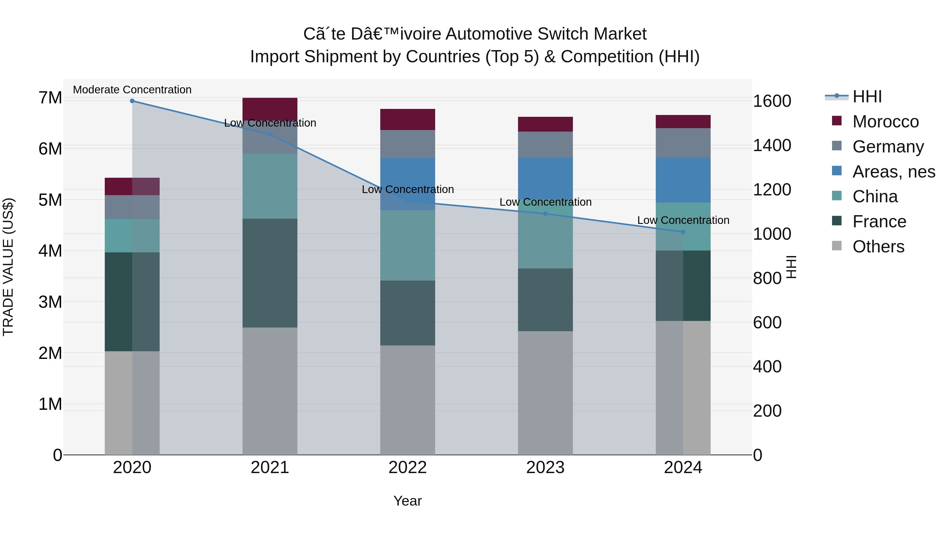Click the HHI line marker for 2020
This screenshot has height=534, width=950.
[132, 101]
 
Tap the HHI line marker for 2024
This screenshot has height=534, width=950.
[683, 232]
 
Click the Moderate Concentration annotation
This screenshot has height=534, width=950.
[132, 90]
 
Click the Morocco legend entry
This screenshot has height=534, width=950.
[885, 122]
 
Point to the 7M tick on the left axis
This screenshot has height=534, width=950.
[50, 98]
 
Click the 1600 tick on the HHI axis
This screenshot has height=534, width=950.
[772, 101]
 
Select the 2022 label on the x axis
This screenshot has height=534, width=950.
[407, 468]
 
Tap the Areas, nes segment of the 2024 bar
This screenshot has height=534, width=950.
[683, 180]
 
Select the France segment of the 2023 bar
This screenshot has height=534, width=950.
[545, 300]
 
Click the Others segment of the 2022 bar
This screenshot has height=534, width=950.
[407, 400]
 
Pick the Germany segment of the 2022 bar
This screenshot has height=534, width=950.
[407, 144]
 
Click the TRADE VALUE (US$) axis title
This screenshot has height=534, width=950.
[8, 267]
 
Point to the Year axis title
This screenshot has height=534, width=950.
[407, 501]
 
